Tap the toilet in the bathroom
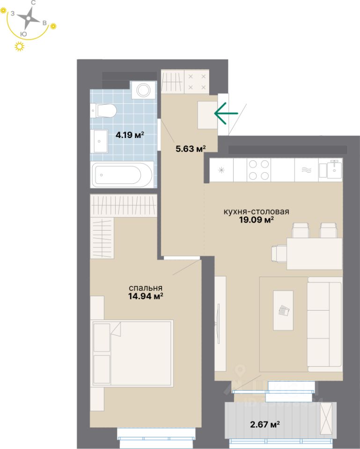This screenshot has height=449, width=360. [104, 111]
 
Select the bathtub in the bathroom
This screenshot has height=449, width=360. [122, 175]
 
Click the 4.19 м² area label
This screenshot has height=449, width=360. [130, 136]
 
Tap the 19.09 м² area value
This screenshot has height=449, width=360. [256, 220]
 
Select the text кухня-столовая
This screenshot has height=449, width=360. [256, 211]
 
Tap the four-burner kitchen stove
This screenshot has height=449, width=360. [259, 170]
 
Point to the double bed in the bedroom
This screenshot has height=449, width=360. [132, 353]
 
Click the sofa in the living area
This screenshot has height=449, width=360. [325, 323]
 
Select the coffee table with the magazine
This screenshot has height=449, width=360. [283, 310]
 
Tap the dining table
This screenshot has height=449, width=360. [314, 253]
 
